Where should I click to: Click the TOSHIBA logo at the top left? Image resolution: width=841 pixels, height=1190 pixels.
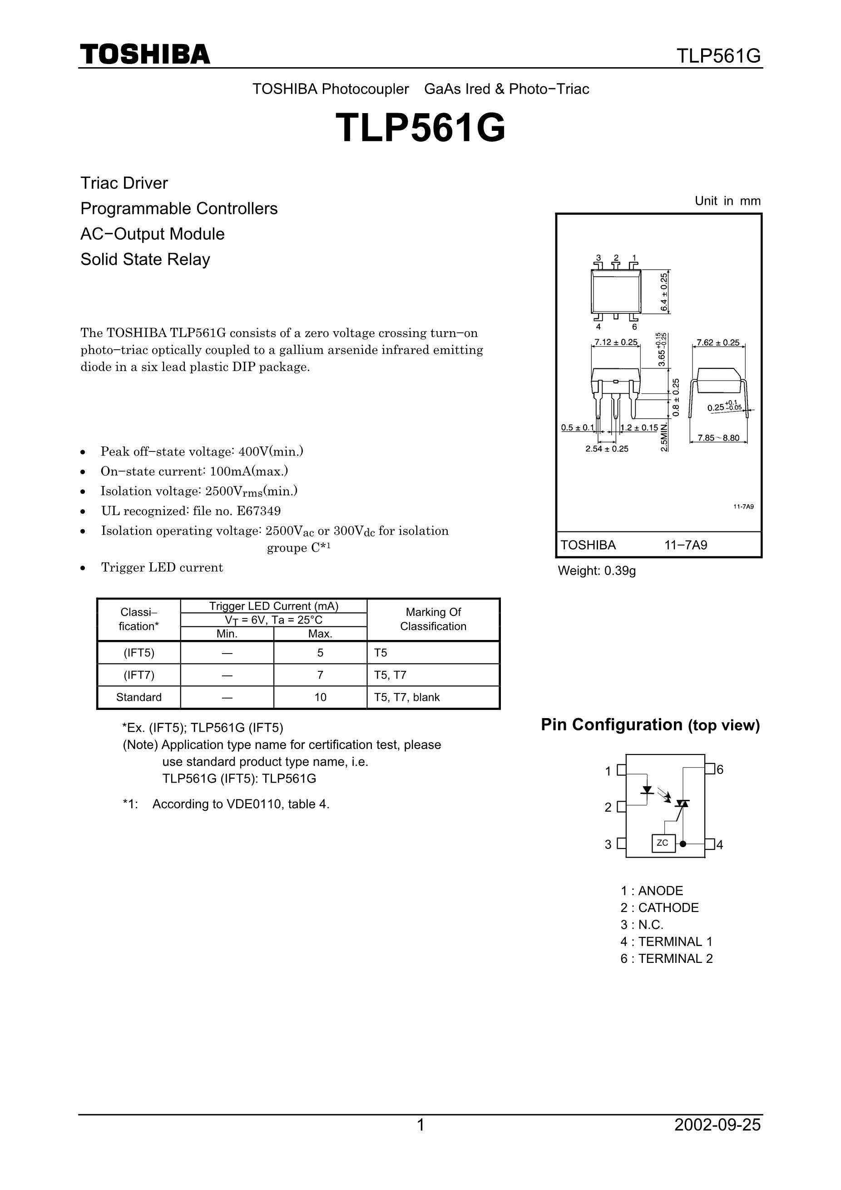[x=145, y=55]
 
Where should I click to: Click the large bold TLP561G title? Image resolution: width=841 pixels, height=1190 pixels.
[x=420, y=128]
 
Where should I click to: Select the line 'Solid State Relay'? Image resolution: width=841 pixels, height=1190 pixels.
[x=145, y=259]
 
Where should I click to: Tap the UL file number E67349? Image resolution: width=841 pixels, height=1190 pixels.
[x=258, y=511]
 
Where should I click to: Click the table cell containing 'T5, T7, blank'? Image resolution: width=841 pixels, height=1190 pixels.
[x=433, y=697]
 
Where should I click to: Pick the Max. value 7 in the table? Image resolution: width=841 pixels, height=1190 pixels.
[x=320, y=675]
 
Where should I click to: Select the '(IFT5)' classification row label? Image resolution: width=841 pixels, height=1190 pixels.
[x=139, y=653]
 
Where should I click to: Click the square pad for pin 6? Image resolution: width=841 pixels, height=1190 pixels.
[x=710, y=769]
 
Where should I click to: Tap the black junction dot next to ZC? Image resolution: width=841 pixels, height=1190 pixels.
[x=683, y=844]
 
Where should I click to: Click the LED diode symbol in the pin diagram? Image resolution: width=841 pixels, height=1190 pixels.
[x=647, y=790]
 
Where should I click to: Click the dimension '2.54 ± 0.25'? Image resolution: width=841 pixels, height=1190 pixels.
[x=607, y=449]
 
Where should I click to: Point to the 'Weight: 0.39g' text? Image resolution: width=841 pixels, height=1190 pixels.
[x=597, y=570]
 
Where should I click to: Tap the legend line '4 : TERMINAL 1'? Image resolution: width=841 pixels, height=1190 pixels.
[x=667, y=942]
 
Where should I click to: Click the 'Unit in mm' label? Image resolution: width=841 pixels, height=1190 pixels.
[x=727, y=201]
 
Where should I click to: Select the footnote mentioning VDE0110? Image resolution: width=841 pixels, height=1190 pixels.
[x=226, y=804]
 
